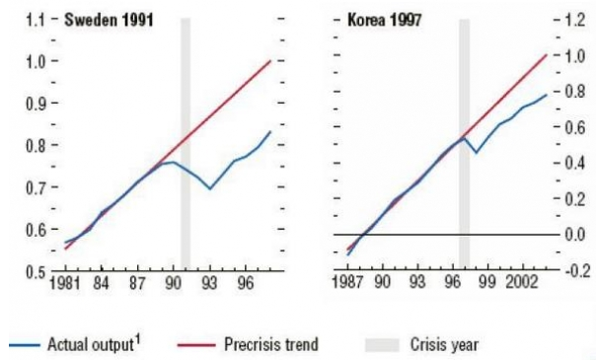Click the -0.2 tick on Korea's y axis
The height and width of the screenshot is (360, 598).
pyautogui.click(x=574, y=271)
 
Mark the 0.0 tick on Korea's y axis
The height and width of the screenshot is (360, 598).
pyautogui.click(x=575, y=235)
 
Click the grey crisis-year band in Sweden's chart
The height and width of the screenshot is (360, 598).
pyautogui.click(x=185, y=148)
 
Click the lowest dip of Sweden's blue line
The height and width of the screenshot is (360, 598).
pyautogui.click(x=210, y=188)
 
